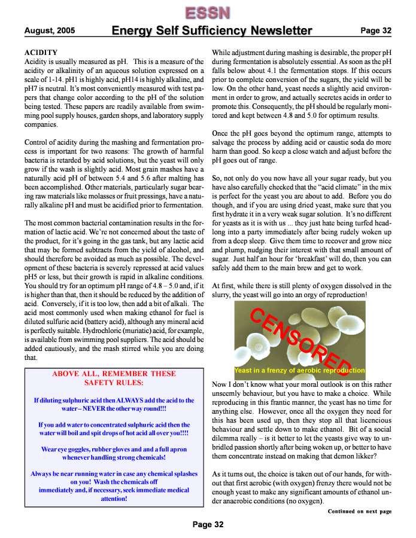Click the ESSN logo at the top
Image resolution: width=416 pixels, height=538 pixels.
pos(207,12)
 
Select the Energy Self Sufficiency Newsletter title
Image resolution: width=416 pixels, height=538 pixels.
pos(212,30)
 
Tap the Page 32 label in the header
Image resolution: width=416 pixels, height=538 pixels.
pos(375,30)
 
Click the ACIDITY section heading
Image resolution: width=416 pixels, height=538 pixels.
pos(41,53)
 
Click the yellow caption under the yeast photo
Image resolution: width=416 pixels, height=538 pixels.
pos(299,370)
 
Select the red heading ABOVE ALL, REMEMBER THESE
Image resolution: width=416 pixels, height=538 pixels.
pos(114,374)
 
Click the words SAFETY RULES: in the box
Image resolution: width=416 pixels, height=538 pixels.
pos(114,383)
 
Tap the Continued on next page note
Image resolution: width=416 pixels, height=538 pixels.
pos(359,512)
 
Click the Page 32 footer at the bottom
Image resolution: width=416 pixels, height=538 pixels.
pos(208,525)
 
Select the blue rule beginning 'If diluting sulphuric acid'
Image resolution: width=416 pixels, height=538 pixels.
pos(114,405)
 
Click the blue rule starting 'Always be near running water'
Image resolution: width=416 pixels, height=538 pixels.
pos(114,485)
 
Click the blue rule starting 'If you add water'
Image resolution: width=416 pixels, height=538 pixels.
pos(114,429)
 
